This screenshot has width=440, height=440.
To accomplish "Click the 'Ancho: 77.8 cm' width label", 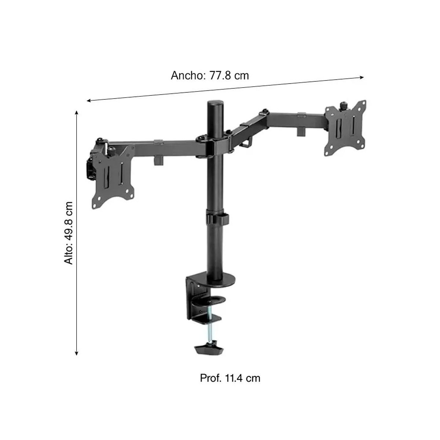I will (x=210, y=76).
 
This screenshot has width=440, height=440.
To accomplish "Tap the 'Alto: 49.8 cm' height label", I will (x=69, y=232).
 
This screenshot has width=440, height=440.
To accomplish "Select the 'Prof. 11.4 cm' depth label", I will (x=230, y=378).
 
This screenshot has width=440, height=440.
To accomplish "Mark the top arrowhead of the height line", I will (x=76, y=112).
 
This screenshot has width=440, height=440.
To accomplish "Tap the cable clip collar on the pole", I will (x=216, y=218).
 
